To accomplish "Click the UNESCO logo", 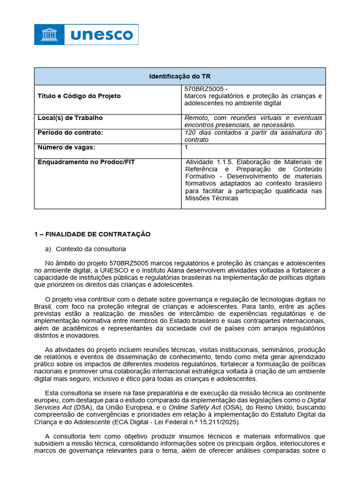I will (86, 34).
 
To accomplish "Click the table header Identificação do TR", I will (180, 76).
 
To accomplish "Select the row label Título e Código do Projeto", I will (79, 96).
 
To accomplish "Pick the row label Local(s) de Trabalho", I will (70, 118).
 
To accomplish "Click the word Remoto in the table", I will (197, 118).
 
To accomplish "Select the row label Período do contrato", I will (70, 133).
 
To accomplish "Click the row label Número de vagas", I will (66, 147).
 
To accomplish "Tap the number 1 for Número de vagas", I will (187, 147).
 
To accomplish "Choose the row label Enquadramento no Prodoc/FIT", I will (86, 162).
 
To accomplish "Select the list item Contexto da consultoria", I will (90, 248).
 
